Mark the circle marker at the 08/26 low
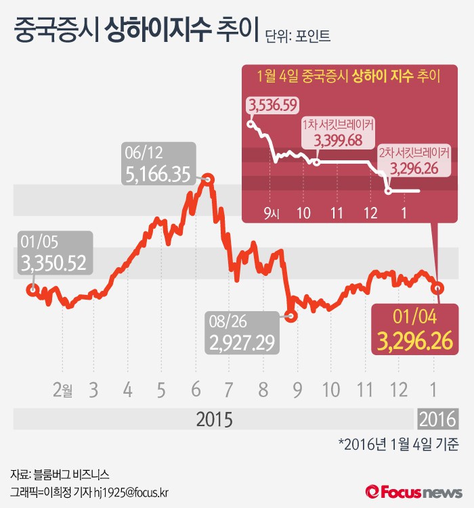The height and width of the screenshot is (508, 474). (290, 315)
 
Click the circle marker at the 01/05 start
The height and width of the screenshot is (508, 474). (31, 290)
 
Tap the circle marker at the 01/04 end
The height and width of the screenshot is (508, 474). (438, 287)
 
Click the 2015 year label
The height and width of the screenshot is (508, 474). (214, 419)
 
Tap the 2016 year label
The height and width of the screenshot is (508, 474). (437, 419)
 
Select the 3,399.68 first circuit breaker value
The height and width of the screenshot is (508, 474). (338, 141)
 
